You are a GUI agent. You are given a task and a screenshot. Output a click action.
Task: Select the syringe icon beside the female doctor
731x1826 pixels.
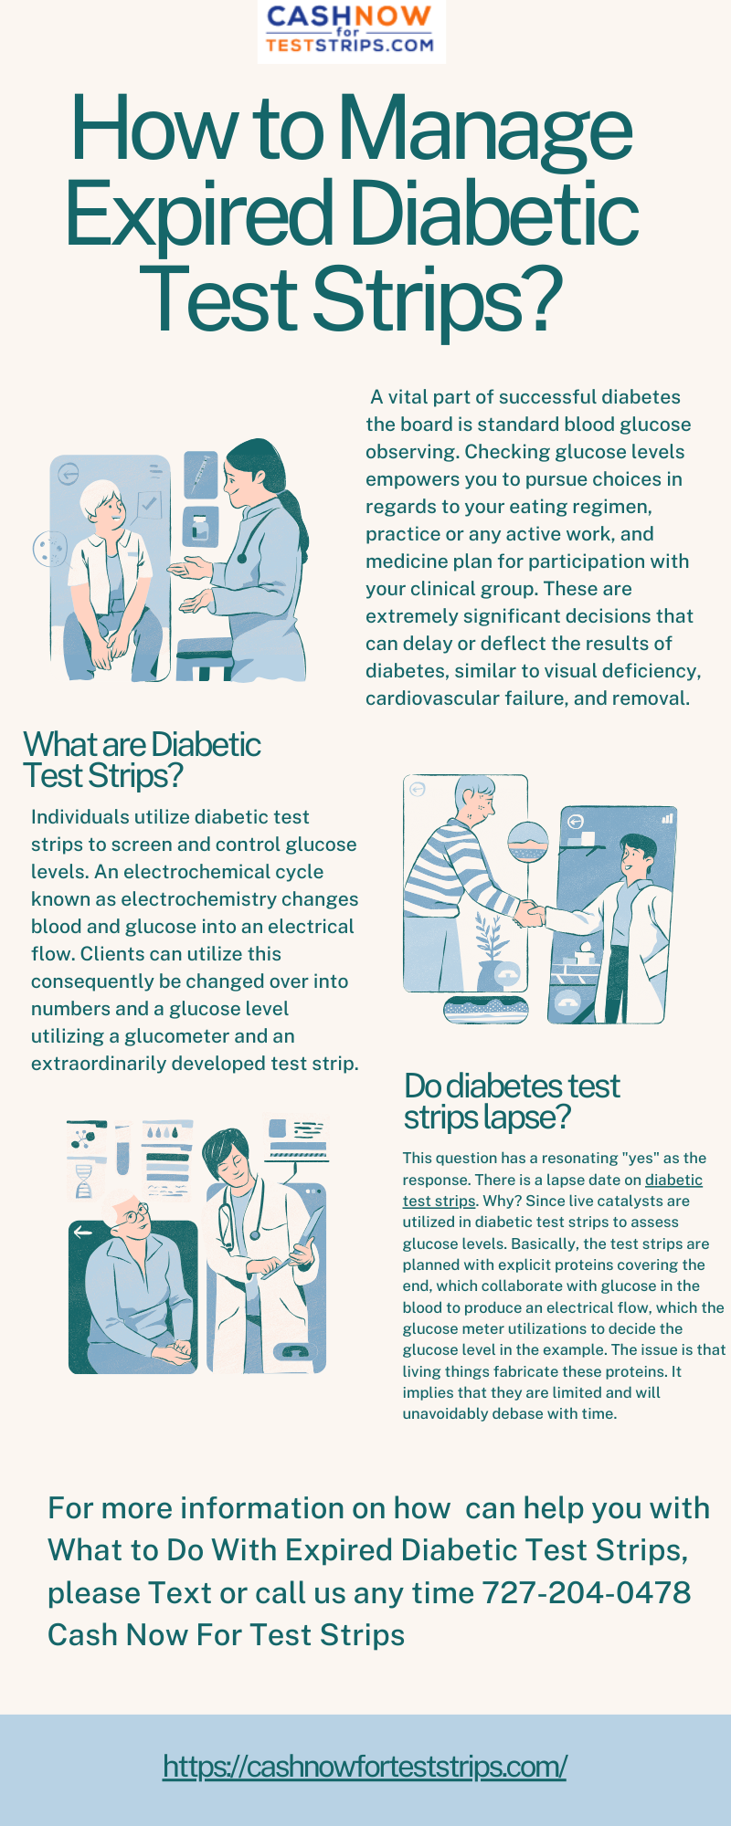coord(200,475)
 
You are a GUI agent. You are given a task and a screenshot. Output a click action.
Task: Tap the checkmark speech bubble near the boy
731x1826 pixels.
coord(148,503)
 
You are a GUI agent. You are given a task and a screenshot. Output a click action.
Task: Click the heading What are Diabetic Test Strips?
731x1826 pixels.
coord(142,760)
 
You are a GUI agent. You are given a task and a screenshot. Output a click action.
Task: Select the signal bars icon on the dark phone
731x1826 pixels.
coord(668,818)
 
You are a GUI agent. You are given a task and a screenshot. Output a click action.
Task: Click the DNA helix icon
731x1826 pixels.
coord(83,1181)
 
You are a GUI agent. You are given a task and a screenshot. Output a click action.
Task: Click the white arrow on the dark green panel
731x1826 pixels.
coord(83,1232)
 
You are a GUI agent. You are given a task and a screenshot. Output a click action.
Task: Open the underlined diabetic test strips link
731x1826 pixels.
coord(673,1180)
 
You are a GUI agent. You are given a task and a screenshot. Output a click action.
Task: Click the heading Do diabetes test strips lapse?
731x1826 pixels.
coord(512,1101)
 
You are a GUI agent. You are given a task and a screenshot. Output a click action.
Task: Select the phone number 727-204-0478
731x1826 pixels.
coord(586,1592)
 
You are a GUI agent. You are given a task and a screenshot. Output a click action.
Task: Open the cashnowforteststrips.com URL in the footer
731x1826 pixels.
coord(365,1766)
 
